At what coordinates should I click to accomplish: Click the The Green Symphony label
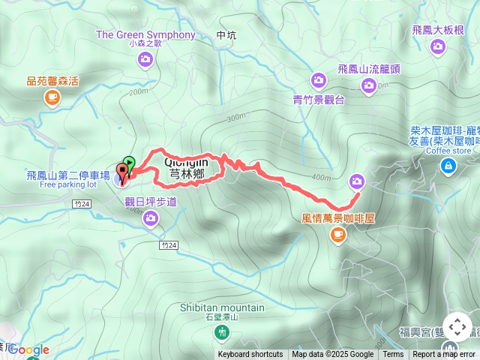(x=145, y=34)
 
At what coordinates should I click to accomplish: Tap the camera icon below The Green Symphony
(x=145, y=58)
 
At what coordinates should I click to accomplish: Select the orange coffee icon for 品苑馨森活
(x=52, y=96)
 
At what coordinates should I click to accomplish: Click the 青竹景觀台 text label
(x=318, y=98)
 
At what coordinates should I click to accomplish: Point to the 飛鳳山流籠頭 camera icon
(x=368, y=85)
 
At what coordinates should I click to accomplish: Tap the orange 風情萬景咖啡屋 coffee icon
(x=337, y=235)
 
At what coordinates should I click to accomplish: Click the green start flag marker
(x=130, y=162)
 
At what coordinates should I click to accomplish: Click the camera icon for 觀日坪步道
(x=150, y=217)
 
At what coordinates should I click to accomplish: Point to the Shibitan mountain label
(x=222, y=307)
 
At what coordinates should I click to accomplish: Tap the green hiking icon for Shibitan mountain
(x=222, y=331)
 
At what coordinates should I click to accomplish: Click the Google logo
(x=29, y=349)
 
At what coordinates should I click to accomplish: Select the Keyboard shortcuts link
(x=250, y=355)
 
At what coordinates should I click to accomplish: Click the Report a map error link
(x=443, y=355)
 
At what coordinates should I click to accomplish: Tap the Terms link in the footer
(x=393, y=355)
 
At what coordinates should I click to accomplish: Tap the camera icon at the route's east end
(x=356, y=181)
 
